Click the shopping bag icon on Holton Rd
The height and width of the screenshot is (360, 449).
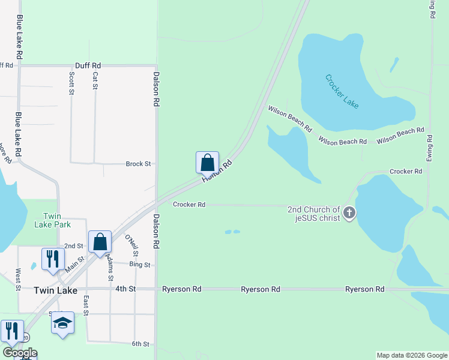coord(207,162)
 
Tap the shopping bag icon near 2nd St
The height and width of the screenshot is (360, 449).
coord(100,242)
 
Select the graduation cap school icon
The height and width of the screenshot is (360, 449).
coord(62,323)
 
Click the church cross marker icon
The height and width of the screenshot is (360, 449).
coord(349,212)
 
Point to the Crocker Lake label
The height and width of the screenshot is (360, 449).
coord(342,91)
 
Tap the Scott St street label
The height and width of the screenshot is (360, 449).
coord(71,83)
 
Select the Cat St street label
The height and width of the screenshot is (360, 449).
coord(95,81)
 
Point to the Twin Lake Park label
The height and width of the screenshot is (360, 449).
coord(57,220)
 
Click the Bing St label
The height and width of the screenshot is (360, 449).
coord(140,265)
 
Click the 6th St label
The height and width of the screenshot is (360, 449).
coord(140,344)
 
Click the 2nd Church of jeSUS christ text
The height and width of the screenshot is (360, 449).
coord(314,213)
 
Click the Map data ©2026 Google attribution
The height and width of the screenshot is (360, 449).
coord(411,355)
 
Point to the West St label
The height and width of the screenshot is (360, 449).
coord(18,280)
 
